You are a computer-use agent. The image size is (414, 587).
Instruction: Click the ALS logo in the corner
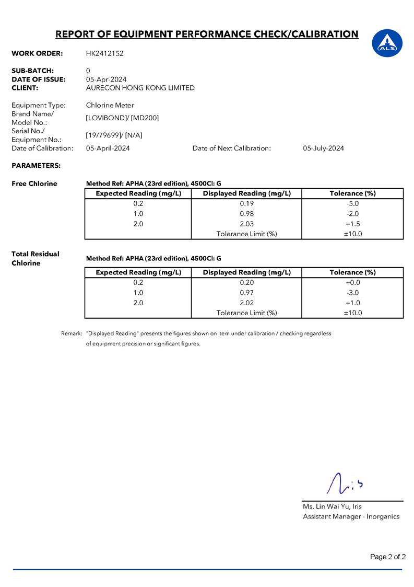387,42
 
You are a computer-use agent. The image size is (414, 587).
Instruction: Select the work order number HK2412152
104,53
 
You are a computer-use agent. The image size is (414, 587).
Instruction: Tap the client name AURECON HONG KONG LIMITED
140,88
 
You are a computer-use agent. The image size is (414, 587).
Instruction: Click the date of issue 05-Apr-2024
106,79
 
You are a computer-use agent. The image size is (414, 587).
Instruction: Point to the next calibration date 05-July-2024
323,148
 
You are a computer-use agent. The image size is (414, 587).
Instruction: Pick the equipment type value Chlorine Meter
110,105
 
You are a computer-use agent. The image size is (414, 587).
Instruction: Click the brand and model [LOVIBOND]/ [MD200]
122,118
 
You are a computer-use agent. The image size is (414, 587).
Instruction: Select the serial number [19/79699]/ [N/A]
114,135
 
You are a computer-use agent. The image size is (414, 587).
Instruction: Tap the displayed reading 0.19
246,203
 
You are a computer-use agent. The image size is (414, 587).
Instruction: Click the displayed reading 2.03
246,224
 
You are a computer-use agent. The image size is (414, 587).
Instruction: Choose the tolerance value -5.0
352,203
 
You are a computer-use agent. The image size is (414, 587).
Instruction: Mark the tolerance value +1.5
352,224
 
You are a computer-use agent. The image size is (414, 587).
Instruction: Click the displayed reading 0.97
246,293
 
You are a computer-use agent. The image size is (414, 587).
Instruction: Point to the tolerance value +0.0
352,283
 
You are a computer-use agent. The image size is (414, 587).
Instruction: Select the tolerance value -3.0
352,293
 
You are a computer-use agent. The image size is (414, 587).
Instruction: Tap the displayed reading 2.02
246,303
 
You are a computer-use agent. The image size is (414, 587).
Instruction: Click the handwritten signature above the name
345,484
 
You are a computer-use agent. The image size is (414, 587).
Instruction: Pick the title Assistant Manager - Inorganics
351,516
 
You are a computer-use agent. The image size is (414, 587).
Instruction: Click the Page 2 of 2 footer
387,557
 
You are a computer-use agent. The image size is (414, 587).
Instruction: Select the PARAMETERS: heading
36,166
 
